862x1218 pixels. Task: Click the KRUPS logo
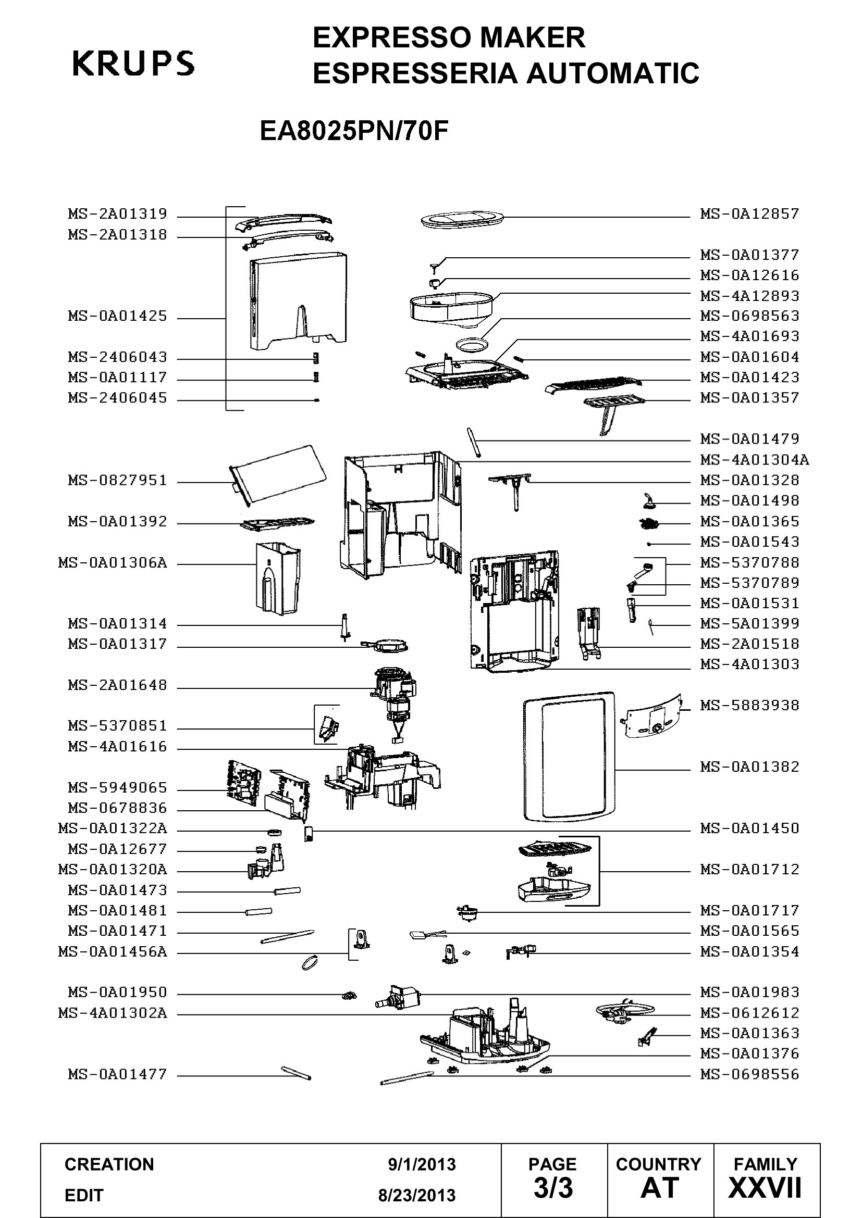(x=133, y=64)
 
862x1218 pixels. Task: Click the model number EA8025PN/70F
(x=354, y=131)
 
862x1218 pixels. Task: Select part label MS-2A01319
(x=117, y=214)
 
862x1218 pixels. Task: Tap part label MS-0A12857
(x=749, y=214)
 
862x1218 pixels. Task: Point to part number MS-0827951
(x=117, y=481)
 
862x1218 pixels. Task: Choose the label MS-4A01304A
(x=755, y=460)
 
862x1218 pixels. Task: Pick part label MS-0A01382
(x=749, y=767)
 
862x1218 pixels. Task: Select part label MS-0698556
(x=749, y=1075)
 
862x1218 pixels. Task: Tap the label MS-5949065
(x=117, y=787)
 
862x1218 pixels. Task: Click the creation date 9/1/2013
(x=422, y=1164)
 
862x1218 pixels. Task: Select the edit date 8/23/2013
(x=417, y=1196)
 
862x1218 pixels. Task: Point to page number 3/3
(x=553, y=1188)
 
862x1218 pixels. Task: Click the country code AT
(x=660, y=1188)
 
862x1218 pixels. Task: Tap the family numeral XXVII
(x=765, y=1188)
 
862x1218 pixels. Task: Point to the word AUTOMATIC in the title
(x=612, y=73)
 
